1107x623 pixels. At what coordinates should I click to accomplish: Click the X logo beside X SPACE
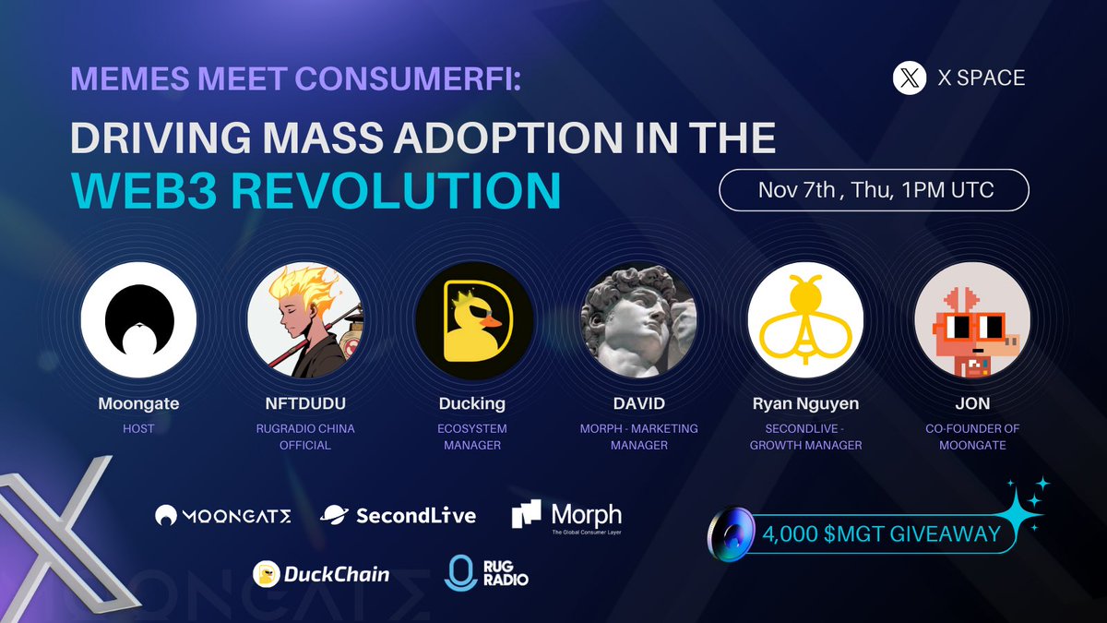pyautogui.click(x=909, y=78)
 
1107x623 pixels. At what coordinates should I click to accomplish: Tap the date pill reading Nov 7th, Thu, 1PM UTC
pyautogui.click(x=874, y=191)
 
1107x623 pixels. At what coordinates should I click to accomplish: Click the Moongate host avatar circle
pyautogui.click(x=138, y=319)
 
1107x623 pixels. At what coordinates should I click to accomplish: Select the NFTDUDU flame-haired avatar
pyautogui.click(x=305, y=319)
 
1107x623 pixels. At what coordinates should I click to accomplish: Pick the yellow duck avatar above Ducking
pyautogui.click(x=472, y=319)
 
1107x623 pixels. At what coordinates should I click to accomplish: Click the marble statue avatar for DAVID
pyautogui.click(x=638, y=319)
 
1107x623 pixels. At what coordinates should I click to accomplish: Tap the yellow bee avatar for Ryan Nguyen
pyautogui.click(x=805, y=319)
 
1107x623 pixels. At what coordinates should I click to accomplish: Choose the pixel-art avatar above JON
pyautogui.click(x=971, y=319)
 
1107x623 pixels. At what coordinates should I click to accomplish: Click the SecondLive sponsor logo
pyautogui.click(x=399, y=515)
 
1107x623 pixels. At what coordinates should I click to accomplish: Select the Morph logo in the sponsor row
pyautogui.click(x=566, y=515)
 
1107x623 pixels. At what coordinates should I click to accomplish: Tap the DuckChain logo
pyautogui.click(x=321, y=574)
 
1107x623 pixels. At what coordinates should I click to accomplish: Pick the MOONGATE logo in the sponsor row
pyautogui.click(x=222, y=516)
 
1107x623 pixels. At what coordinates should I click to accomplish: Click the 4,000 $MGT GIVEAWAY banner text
pyautogui.click(x=881, y=533)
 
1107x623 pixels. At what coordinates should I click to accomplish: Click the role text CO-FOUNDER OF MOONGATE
pyautogui.click(x=971, y=437)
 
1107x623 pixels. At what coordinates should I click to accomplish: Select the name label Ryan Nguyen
pyautogui.click(x=805, y=404)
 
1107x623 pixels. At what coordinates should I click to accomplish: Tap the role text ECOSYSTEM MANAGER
pyautogui.click(x=472, y=437)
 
